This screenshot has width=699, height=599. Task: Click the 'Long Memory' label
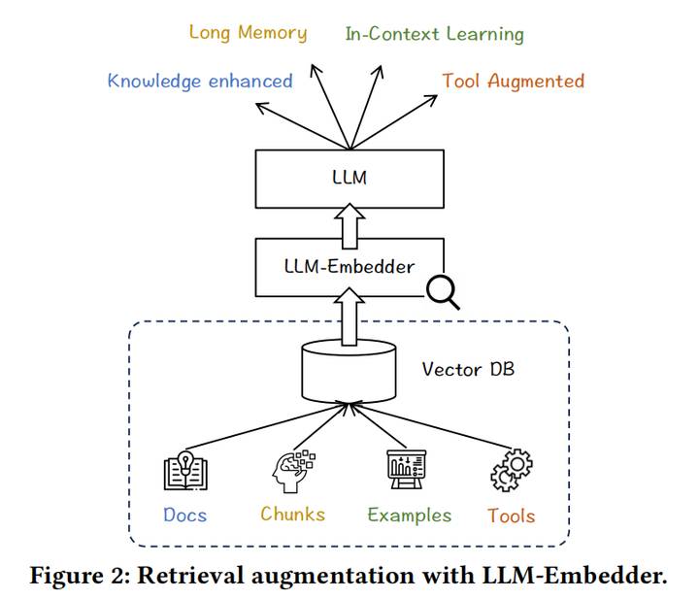pyautogui.click(x=249, y=33)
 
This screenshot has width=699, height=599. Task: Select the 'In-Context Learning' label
pyautogui.click(x=435, y=34)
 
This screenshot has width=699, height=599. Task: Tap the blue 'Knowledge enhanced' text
pyautogui.click(x=200, y=82)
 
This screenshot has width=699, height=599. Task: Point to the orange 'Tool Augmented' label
pyautogui.click(x=514, y=82)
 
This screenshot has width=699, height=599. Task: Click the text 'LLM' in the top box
pyautogui.click(x=349, y=178)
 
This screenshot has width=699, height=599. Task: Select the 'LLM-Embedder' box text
pyautogui.click(x=349, y=267)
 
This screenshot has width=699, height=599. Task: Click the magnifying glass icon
pyautogui.click(x=443, y=292)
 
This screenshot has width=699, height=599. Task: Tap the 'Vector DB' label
pyautogui.click(x=468, y=369)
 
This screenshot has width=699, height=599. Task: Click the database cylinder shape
pyautogui.click(x=349, y=372)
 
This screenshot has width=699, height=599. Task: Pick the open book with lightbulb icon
pyautogui.click(x=185, y=471)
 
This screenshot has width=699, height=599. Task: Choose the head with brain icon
pyautogui.click(x=293, y=472)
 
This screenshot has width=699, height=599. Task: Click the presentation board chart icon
pyautogui.click(x=406, y=469)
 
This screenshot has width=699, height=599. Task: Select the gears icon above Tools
pyautogui.click(x=512, y=470)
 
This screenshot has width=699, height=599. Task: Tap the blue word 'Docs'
pyautogui.click(x=185, y=516)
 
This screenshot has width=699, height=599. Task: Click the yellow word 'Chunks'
pyautogui.click(x=293, y=515)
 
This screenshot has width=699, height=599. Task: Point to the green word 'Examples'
pyautogui.click(x=410, y=516)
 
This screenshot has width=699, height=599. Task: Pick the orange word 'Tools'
pyautogui.click(x=512, y=516)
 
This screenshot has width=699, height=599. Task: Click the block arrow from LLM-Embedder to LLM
pyautogui.click(x=349, y=226)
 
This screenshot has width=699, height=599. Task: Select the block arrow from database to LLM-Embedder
pyautogui.click(x=349, y=316)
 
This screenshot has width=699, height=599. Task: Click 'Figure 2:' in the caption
pyautogui.click(x=80, y=576)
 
